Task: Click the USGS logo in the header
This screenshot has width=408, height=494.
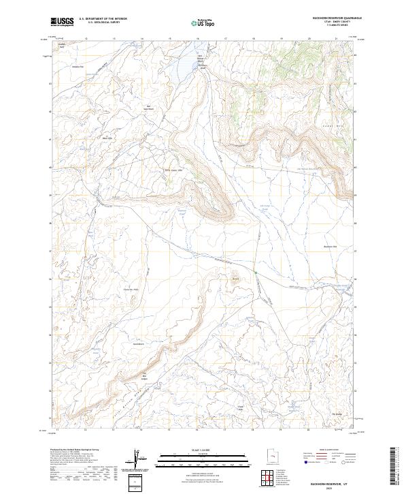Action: pyautogui.click(x=62, y=22)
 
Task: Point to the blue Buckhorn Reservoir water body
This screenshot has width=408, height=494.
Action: pyautogui.click(x=188, y=65)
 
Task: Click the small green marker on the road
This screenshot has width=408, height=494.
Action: pyautogui.click(x=256, y=273)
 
